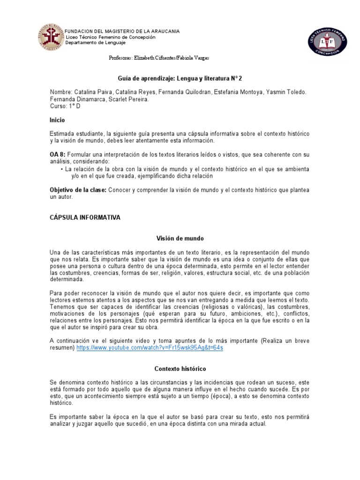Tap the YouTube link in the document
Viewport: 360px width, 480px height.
pyautogui.click(x=150, y=348)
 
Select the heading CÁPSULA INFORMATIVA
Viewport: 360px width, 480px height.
pyautogui.click(x=85, y=217)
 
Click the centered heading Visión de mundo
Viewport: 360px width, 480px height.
pyautogui.click(x=180, y=238)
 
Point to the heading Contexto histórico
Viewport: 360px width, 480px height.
pyautogui.click(x=180, y=369)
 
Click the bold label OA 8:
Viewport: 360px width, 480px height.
pyautogui.click(x=59, y=154)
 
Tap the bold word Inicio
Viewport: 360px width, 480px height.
pyautogui.click(x=57, y=120)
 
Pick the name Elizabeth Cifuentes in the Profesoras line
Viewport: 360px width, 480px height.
pyautogui.click(x=154, y=58)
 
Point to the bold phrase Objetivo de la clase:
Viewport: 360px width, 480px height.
pyautogui.click(x=78, y=190)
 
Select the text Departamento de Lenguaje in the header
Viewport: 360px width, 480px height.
pyautogui.click(x=96, y=43)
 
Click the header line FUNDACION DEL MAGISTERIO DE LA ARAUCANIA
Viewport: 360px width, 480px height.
pyautogui.click(x=122, y=31)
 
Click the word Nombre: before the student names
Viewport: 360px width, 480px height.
pyautogui.click(x=61, y=92)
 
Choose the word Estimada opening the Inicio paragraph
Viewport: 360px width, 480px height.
pyautogui.click(x=64, y=134)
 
